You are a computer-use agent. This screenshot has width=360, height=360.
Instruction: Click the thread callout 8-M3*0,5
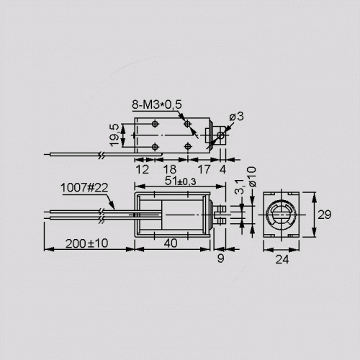[157, 104]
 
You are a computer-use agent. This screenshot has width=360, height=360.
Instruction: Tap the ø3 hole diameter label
[236, 116]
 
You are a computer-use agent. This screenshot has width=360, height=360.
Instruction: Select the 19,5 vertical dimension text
[115, 135]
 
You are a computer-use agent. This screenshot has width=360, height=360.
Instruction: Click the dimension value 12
[143, 169]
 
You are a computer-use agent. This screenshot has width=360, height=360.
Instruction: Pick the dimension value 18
[170, 169]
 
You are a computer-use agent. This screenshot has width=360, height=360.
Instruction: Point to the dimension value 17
[204, 169]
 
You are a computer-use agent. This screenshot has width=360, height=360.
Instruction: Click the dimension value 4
[222, 169]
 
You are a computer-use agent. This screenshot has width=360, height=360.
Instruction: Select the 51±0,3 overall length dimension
[180, 181]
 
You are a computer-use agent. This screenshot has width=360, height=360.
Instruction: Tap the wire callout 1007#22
[84, 188]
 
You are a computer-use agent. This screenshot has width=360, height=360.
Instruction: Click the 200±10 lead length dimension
[87, 243]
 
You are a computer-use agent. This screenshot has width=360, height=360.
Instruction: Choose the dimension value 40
[171, 243]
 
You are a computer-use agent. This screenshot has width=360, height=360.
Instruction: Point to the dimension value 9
[220, 258]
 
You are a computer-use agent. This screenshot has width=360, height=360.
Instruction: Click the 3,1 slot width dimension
[239, 186]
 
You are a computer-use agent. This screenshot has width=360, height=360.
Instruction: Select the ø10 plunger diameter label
[252, 176]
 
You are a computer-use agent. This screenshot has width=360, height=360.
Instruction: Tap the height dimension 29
[325, 215]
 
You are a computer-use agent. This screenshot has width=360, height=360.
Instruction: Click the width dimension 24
[282, 259]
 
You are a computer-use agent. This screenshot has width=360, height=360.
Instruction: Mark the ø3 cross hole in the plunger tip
[221, 135]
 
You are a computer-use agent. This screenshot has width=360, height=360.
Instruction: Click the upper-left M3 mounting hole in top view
[156, 124]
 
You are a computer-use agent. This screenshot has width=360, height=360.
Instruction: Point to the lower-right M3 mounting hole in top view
[188, 146]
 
